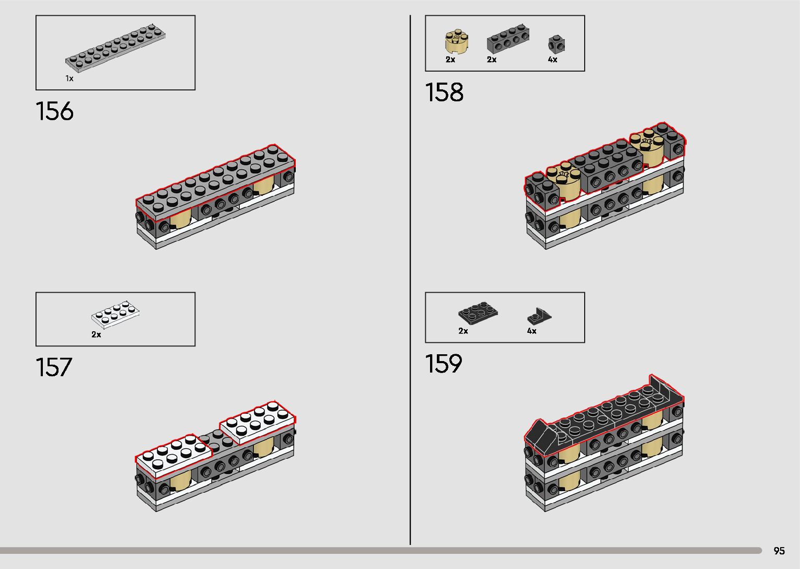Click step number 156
[55, 111]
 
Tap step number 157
[54, 367]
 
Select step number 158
[444, 92]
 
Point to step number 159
[444, 364]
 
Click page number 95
[779, 551]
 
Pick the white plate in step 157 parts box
[115, 313]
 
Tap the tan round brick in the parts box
[456, 43]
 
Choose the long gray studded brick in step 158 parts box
[507, 40]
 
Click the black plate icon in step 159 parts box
[478, 313]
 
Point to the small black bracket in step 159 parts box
[539, 316]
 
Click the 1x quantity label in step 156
[69, 78]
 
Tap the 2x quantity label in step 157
[96, 334]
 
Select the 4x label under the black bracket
[531, 331]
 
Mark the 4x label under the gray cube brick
[552, 60]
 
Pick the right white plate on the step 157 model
[257, 422]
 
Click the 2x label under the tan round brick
[450, 60]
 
